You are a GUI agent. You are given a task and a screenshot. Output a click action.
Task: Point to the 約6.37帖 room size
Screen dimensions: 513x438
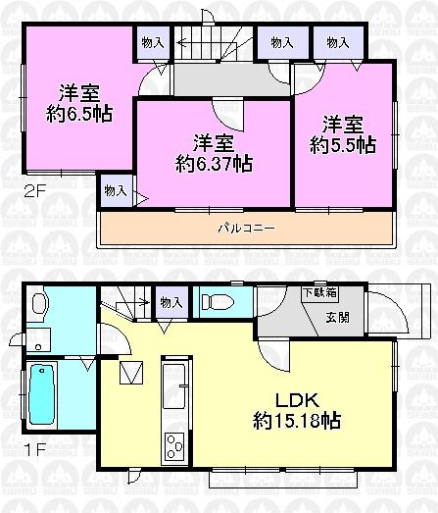(214, 163)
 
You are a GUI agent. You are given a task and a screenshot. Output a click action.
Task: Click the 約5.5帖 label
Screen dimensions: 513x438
(342, 145)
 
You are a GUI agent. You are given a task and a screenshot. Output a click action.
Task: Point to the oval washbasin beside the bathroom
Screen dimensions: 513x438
(36, 304)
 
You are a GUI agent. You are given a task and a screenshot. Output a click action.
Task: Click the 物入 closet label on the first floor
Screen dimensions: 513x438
(170, 302)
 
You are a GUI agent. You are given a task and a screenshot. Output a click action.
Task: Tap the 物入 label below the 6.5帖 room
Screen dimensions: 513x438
(113, 190)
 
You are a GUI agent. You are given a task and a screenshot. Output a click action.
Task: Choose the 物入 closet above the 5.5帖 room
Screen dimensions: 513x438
(338, 43)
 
